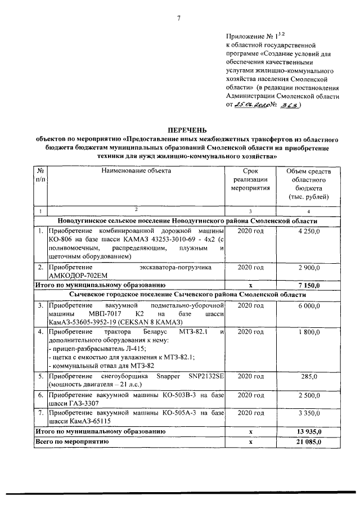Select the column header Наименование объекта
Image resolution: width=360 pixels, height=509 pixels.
(x=136, y=171)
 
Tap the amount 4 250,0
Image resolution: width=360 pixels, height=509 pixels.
(x=309, y=231)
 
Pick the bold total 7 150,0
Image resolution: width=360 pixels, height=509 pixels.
(x=309, y=286)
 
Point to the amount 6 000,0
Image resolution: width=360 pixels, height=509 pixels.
(x=309, y=305)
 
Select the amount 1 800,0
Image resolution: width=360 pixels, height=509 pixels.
(x=309, y=332)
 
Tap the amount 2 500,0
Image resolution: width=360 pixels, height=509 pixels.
(x=309, y=396)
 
